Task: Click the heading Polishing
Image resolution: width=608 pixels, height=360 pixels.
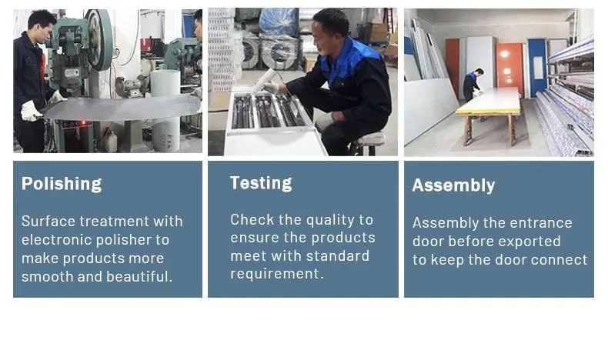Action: click(62, 184)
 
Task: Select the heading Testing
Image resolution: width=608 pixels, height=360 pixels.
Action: click(261, 183)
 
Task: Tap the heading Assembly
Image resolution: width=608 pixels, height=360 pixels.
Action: click(453, 185)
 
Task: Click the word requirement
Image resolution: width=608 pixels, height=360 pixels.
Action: click(276, 275)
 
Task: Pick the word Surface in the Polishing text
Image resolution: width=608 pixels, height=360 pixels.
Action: click(48, 222)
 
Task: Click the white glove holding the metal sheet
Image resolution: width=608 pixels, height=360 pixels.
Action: click(30, 112)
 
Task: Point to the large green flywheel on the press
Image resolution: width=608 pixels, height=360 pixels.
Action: click(99, 38)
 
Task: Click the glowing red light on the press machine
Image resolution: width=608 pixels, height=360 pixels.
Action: click(82, 123)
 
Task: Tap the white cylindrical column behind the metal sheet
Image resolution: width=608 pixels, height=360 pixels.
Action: click(165, 111)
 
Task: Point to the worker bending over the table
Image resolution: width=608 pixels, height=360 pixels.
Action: click(473, 85)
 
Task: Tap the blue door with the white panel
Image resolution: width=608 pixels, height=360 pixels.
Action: click(537, 67)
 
